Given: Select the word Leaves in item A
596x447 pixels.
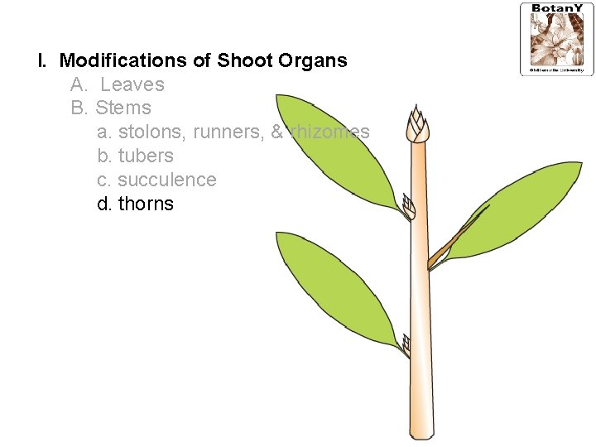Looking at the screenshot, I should [x=132, y=84].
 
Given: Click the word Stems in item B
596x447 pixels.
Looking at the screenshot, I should [x=123, y=108].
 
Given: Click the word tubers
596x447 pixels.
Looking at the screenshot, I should [x=146, y=156].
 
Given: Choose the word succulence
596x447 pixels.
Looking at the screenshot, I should [x=166, y=180].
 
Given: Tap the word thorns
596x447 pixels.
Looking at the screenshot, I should [x=146, y=204].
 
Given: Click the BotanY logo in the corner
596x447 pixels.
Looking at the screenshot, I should [x=555, y=39].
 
